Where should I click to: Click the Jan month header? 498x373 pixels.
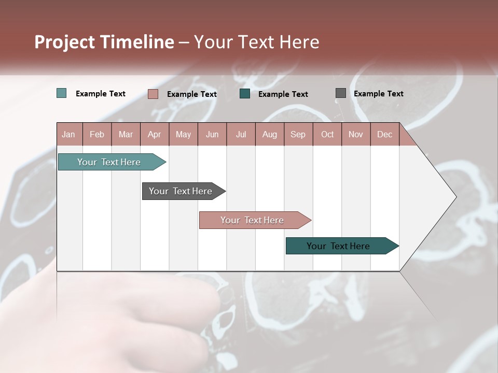68,134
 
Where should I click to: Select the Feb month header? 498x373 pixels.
97,134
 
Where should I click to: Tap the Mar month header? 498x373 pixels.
126,134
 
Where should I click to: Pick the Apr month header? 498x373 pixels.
154,134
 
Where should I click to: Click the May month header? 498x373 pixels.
183,134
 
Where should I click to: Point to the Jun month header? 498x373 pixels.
212,134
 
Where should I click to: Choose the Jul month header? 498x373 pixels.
241,134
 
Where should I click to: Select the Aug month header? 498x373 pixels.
269,134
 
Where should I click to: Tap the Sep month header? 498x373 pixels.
298,134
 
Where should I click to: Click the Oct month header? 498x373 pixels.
327,134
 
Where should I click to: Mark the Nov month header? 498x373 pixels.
356,134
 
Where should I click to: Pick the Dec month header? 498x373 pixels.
384,134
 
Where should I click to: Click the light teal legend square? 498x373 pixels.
62,93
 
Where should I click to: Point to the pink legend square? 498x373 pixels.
153,94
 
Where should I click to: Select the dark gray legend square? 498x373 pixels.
341,93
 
